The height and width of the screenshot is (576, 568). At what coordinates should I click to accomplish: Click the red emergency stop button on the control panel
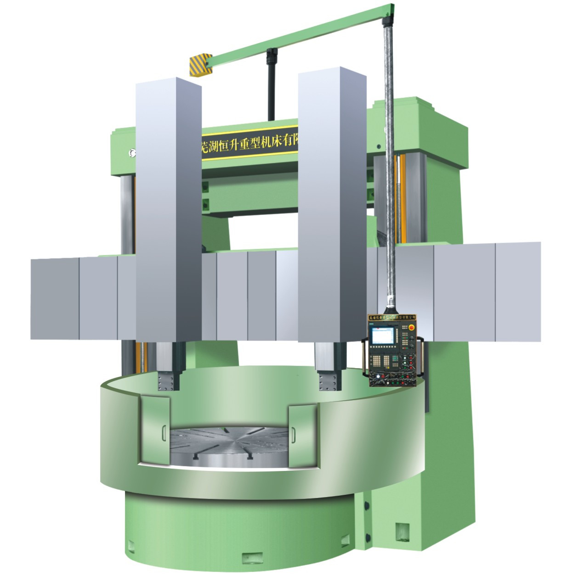[x=411, y=327]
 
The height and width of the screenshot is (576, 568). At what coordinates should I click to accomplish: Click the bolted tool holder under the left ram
[x=168, y=380]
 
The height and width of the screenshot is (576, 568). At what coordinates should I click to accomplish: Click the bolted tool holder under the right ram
[x=329, y=380]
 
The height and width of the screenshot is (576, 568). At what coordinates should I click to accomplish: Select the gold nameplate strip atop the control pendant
[x=392, y=317]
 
